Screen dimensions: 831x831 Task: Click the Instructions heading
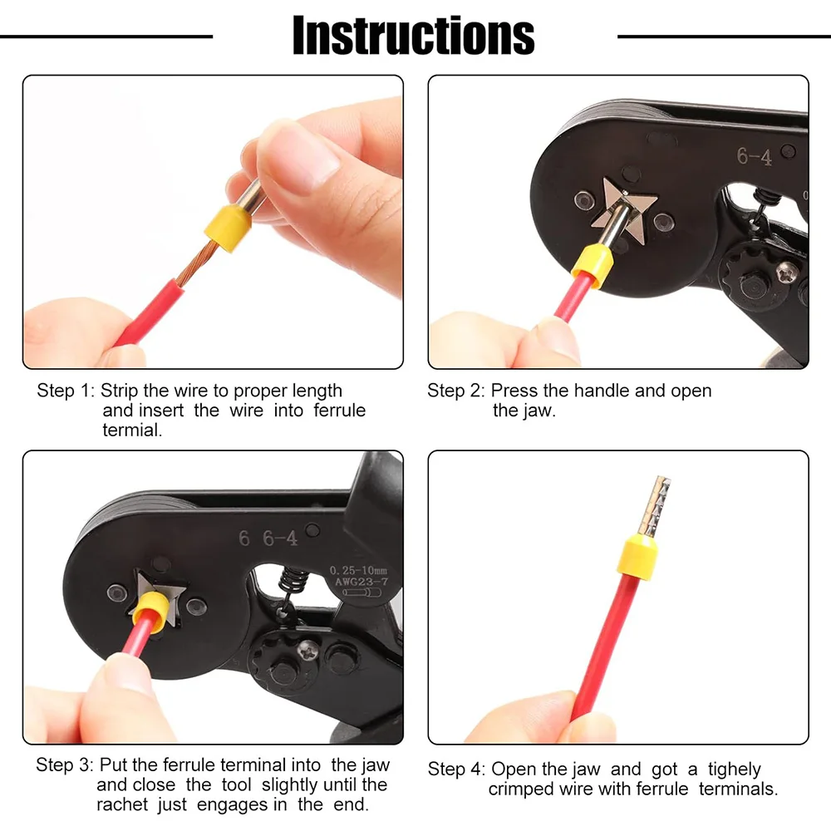pyautogui.click(x=413, y=36)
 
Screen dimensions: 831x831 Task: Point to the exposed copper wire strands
pyautogui.click(x=195, y=263)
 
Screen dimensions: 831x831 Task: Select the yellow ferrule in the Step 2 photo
pyautogui.click(x=592, y=266)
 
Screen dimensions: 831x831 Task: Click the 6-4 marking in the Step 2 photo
pyautogui.click(x=754, y=157)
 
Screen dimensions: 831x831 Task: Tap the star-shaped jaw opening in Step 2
pyautogui.click(x=624, y=211)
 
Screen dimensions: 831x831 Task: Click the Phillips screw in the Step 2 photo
pyautogui.click(x=788, y=272)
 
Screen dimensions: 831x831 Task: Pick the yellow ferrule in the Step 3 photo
pyautogui.click(x=150, y=612)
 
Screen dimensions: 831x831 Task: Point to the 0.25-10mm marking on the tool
pyautogui.click(x=358, y=571)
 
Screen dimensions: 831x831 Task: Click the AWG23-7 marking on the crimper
pyautogui.click(x=361, y=582)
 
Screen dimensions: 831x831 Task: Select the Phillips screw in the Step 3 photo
pyautogui.click(x=307, y=651)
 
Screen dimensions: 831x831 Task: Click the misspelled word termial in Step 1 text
pyautogui.click(x=132, y=430)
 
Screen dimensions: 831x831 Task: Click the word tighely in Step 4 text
pyautogui.click(x=734, y=770)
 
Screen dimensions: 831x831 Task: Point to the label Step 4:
pyautogui.click(x=456, y=770)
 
